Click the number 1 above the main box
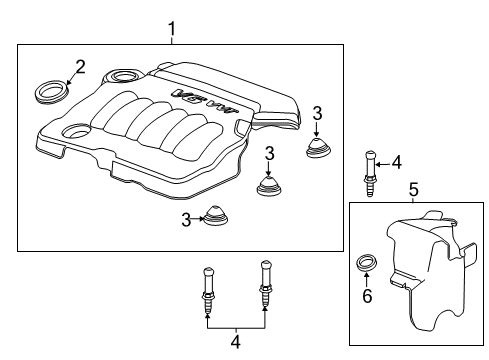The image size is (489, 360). (171, 29)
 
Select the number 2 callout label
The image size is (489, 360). (80, 67)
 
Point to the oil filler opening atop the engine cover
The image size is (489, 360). (125, 77)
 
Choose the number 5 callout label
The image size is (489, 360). (413, 187)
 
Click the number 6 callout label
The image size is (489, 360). (366, 297)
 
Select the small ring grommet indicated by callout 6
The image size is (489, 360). (367, 265)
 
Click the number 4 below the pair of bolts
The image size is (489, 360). (235, 342)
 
